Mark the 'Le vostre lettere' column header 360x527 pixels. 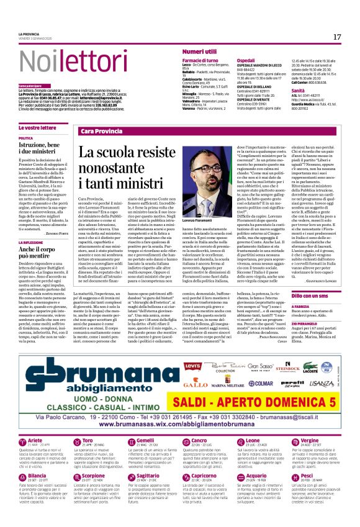pyautogui.click(x=37, y=127)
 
